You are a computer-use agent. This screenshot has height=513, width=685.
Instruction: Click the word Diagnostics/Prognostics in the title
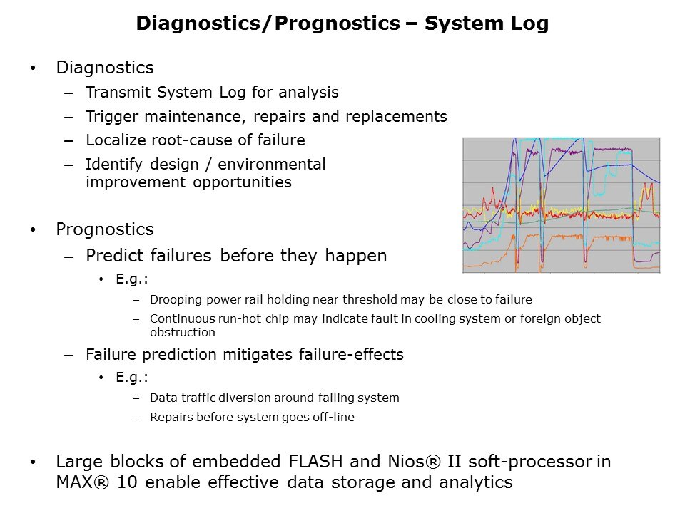click(x=268, y=24)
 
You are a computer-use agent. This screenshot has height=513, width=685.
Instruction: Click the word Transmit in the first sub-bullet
click(x=118, y=93)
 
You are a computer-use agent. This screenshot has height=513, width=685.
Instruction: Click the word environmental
click(x=272, y=165)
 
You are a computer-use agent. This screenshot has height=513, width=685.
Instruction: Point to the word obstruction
click(x=182, y=333)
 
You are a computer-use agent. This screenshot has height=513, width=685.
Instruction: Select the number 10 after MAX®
click(x=127, y=482)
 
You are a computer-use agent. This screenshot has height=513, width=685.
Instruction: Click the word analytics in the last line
click(x=475, y=483)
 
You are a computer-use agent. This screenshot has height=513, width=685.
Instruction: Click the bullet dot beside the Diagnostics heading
click(x=33, y=68)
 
